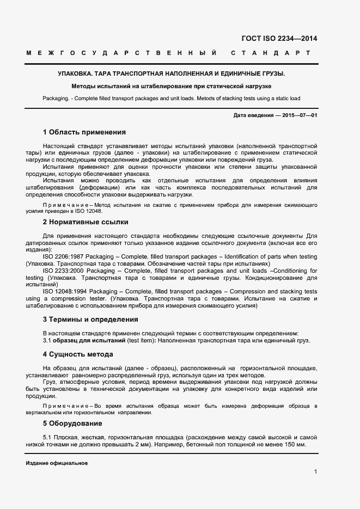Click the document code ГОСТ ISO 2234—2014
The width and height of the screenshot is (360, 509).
coord(278,38)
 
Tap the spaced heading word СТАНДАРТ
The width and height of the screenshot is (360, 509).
coord(270,53)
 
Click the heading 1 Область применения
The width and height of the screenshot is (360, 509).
coord(84,132)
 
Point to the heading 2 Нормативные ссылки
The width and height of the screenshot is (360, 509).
coord(86,222)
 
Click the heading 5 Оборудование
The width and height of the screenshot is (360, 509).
coord(72,423)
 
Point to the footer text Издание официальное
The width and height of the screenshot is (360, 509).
coord(57,463)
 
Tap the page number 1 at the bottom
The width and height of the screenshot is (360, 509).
coord(315,471)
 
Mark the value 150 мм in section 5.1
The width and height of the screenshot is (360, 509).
coord(294,445)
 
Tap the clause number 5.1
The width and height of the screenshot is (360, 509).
coord(47,438)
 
